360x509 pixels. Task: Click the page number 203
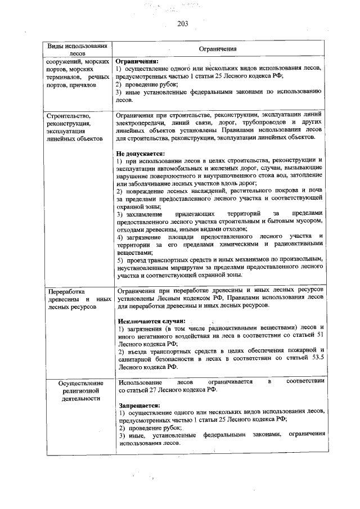[x=182, y=24]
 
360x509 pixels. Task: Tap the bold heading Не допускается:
[x=141, y=154]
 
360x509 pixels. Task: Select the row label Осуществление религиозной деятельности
[x=80, y=390]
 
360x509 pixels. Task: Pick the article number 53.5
[x=314, y=358]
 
